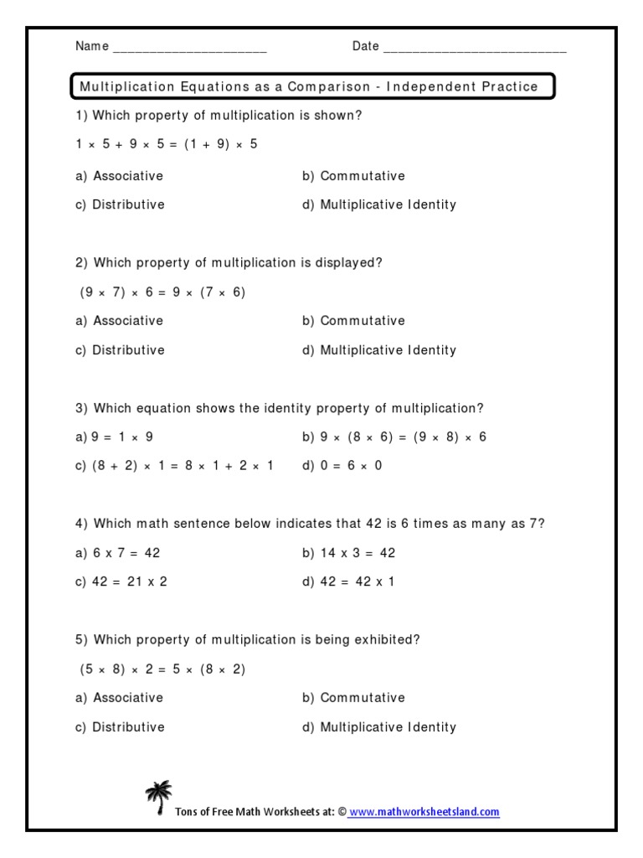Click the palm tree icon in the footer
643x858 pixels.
(x=158, y=797)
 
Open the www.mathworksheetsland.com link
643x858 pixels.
(x=424, y=812)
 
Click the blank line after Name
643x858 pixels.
(x=189, y=48)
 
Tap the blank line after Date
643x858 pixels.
(x=474, y=48)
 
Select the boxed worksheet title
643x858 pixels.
(x=309, y=86)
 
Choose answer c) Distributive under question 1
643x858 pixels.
(x=120, y=204)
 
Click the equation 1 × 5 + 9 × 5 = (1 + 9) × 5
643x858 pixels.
(x=167, y=144)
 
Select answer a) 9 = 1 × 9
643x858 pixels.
(x=115, y=437)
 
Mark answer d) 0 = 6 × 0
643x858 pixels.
(x=342, y=466)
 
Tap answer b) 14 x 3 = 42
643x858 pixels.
(x=348, y=553)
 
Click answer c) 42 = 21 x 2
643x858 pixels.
(x=121, y=581)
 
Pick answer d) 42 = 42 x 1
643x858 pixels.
(x=348, y=581)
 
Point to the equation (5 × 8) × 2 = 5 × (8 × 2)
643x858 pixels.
(x=162, y=669)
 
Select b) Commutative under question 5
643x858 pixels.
(x=353, y=698)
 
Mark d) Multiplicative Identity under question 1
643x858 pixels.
(x=379, y=204)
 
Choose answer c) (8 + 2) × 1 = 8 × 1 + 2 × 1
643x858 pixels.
(x=175, y=466)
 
